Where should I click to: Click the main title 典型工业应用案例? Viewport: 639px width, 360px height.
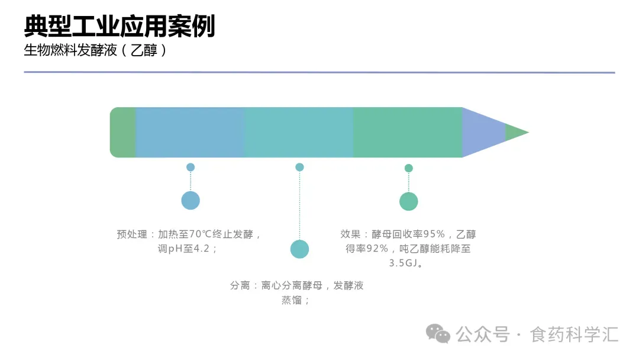tap(120, 26)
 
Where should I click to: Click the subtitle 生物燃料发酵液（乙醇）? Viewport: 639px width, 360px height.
tap(95, 50)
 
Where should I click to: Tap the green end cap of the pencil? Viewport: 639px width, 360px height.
tap(122, 132)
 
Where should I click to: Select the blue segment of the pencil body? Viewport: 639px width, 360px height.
tap(190, 132)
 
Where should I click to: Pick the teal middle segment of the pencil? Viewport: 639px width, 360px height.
tap(299, 132)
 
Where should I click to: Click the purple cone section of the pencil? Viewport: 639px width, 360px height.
tap(481, 132)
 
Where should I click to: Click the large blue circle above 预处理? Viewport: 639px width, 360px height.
tap(191, 200)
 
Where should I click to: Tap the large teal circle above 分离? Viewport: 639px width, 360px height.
tap(299, 249)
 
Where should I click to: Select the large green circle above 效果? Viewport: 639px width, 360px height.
tap(408, 201)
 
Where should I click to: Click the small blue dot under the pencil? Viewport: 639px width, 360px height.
tap(191, 167)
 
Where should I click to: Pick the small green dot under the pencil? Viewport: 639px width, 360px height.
tap(409, 168)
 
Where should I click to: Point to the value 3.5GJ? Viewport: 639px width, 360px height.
tap(404, 263)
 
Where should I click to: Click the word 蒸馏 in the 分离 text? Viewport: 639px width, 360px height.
tap(292, 300)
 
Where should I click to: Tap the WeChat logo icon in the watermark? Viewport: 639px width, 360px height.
tap(438, 334)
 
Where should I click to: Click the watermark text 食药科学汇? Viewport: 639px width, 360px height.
tap(574, 335)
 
